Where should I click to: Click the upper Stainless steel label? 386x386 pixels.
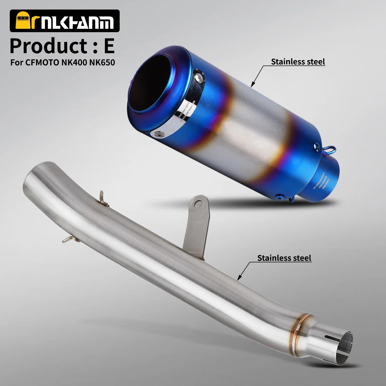tap(298, 62)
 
